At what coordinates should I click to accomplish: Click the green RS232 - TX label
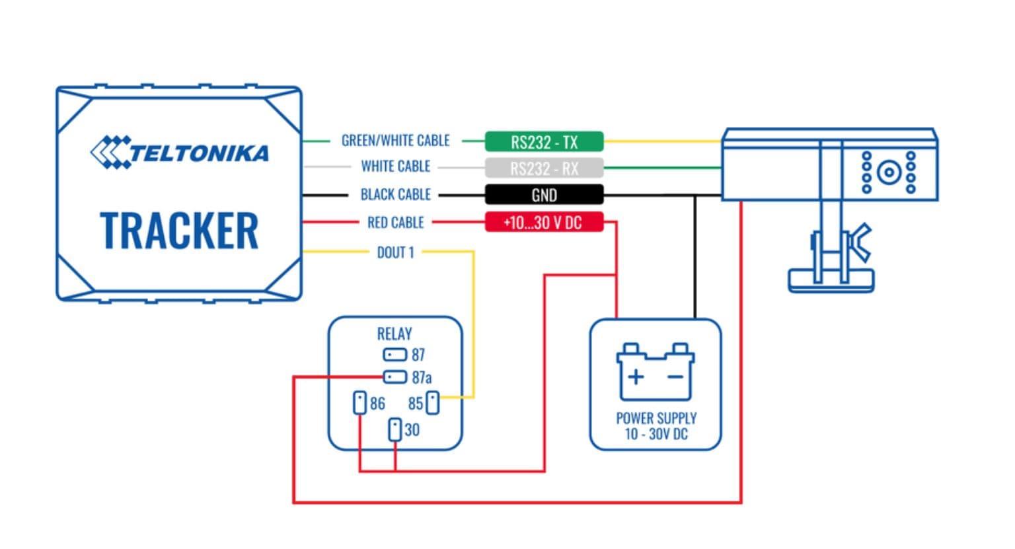pyautogui.click(x=544, y=142)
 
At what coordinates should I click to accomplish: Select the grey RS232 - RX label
pyautogui.click(x=544, y=168)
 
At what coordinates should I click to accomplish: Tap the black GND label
pyautogui.click(x=544, y=195)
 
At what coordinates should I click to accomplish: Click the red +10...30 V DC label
pyautogui.click(x=544, y=222)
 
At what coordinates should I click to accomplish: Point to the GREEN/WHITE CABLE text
pyautogui.click(x=395, y=141)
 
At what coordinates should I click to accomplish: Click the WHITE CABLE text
pyautogui.click(x=395, y=166)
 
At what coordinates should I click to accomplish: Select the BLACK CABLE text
pyautogui.click(x=395, y=194)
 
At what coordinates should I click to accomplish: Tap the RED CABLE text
pyautogui.click(x=395, y=223)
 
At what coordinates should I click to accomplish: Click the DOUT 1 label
pyautogui.click(x=395, y=252)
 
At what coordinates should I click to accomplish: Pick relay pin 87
pyautogui.click(x=395, y=355)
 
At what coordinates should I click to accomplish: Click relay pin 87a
pyautogui.click(x=395, y=377)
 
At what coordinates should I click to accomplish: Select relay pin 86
pyautogui.click(x=359, y=402)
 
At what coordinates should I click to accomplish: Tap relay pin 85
pyautogui.click(x=432, y=402)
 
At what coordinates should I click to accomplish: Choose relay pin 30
pyautogui.click(x=395, y=429)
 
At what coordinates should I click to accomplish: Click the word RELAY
pyautogui.click(x=395, y=334)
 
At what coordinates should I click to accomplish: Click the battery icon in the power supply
pyautogui.click(x=655, y=373)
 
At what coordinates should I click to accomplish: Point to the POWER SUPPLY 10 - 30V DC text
pyautogui.click(x=656, y=426)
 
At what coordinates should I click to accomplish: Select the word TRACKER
pyautogui.click(x=179, y=231)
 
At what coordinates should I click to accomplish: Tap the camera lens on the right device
pyautogui.click(x=889, y=173)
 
